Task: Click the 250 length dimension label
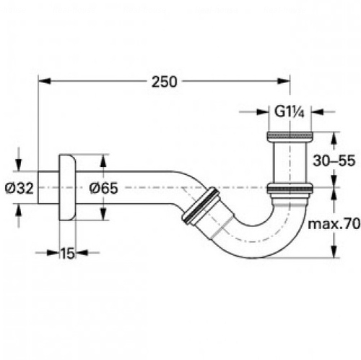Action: (x=165, y=82)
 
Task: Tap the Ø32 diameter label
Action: (x=19, y=188)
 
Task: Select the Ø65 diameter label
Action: (x=103, y=188)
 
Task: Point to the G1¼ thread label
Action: (x=290, y=112)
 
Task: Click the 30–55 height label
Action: (x=334, y=160)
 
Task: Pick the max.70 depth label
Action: (x=334, y=224)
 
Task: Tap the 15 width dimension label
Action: (x=67, y=253)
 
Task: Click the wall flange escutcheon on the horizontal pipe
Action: (x=68, y=187)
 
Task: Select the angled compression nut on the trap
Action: (x=201, y=207)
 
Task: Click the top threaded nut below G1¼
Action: (x=290, y=136)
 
